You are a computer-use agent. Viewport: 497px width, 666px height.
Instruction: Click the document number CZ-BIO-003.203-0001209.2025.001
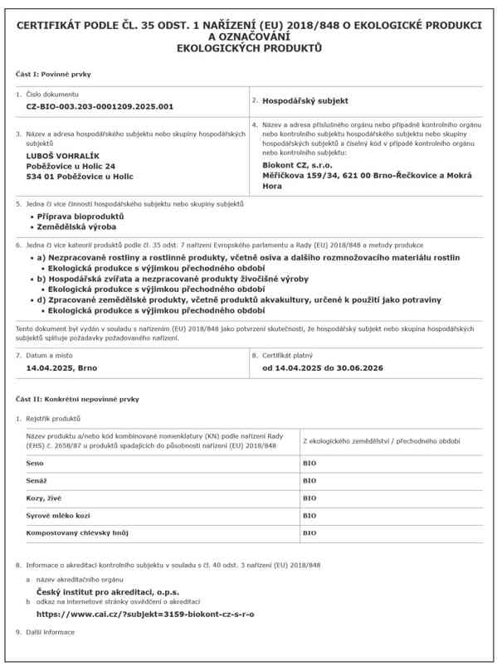click(x=100, y=107)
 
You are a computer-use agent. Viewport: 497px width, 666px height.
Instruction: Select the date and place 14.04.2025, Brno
click(x=61, y=367)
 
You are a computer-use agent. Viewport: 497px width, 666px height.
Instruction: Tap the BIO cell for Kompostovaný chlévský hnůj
click(x=309, y=532)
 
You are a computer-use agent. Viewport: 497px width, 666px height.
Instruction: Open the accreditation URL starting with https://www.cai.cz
click(x=146, y=614)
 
